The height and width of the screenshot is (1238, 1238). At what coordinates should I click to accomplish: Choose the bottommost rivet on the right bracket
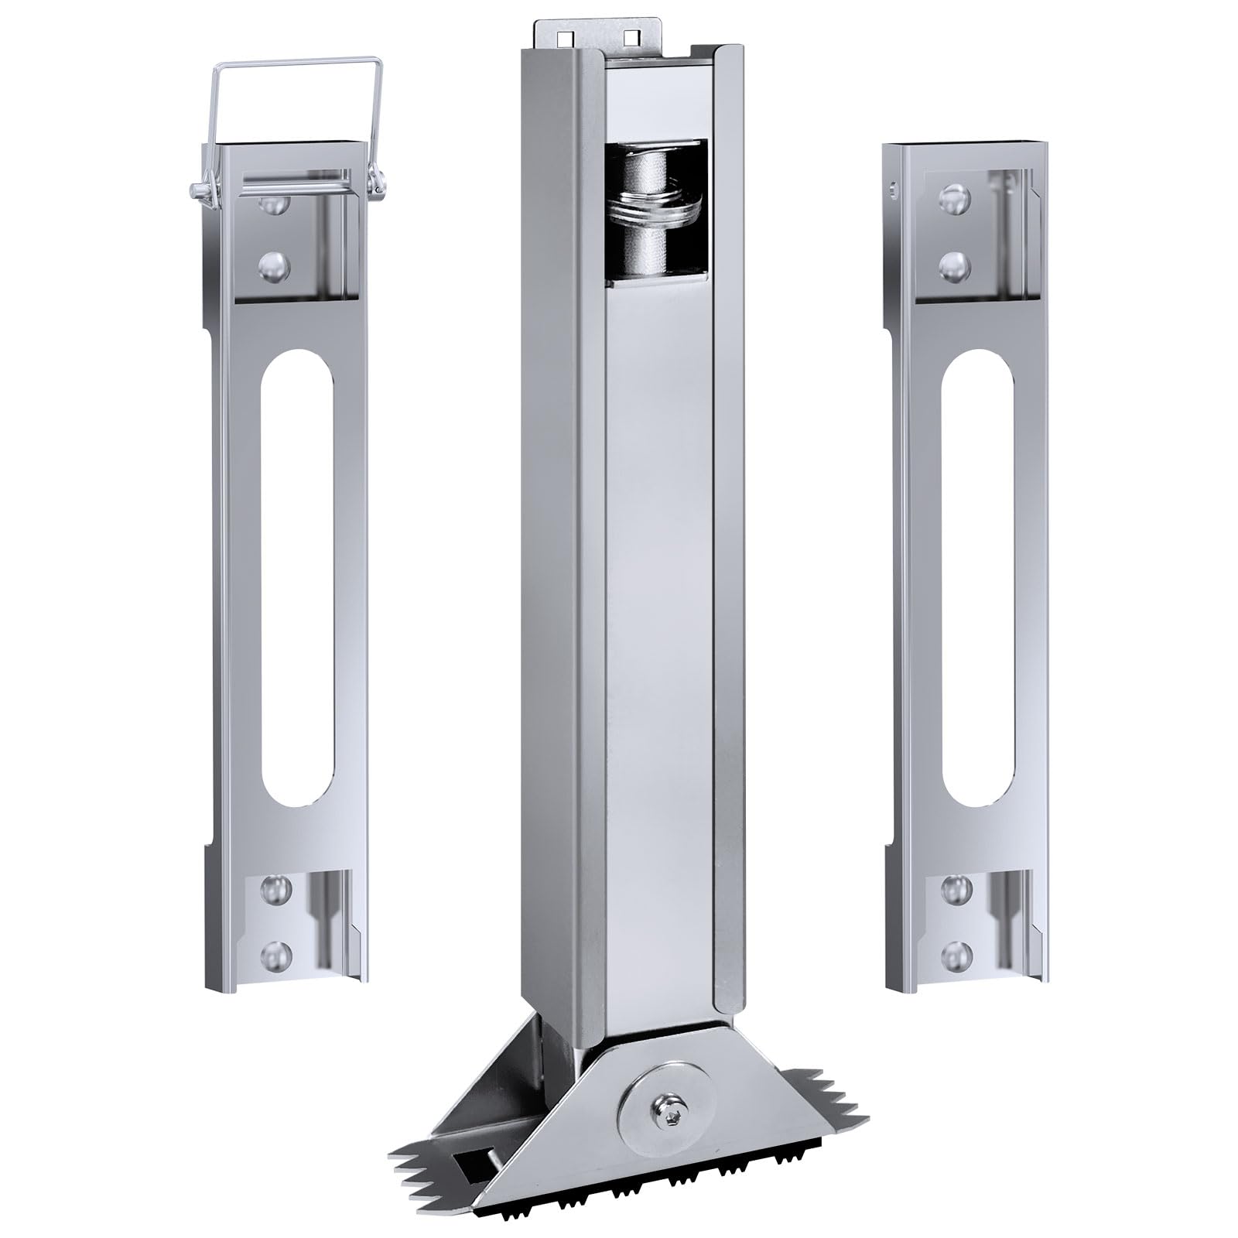956,952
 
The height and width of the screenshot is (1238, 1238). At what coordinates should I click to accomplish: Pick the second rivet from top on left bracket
272,268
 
